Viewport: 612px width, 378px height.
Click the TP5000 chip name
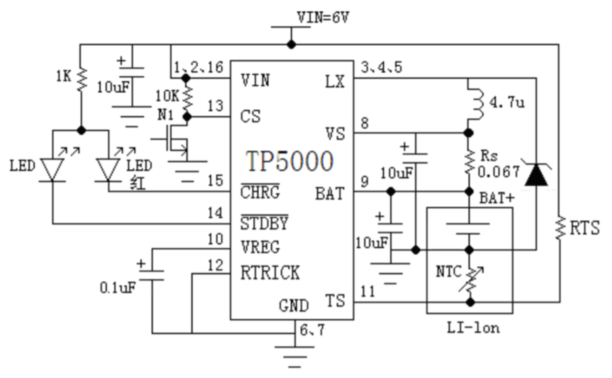[x=290, y=161]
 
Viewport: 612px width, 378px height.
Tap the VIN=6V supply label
[x=323, y=17]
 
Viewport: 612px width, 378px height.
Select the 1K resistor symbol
[x=82, y=80]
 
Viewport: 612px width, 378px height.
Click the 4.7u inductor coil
[x=475, y=104]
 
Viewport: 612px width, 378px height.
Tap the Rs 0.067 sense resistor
[x=469, y=162]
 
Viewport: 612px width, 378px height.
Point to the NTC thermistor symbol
[x=470, y=279]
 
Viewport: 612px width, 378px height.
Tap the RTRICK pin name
[x=270, y=273]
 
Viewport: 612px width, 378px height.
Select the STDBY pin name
[x=264, y=223]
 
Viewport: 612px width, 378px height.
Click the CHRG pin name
[x=260, y=191]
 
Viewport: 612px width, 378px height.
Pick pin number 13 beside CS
[x=215, y=106]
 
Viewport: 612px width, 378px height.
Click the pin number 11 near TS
[x=368, y=292]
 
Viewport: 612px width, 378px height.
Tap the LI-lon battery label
[x=473, y=328]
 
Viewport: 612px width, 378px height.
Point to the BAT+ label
[x=497, y=198]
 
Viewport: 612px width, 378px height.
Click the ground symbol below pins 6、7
[x=294, y=357]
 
